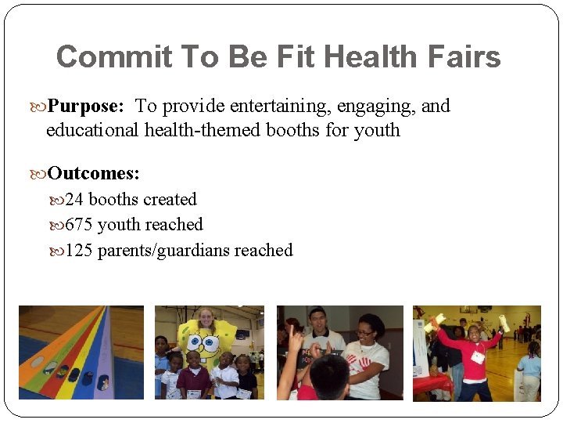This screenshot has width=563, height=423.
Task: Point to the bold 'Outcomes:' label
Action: [94, 173]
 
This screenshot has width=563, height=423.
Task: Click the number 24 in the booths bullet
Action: [75, 200]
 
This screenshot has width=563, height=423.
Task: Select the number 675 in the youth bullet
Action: [79, 225]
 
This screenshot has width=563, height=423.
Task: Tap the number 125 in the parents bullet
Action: [79, 251]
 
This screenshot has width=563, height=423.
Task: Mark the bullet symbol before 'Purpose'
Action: [41, 107]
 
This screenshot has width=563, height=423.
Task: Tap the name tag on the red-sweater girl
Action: [477, 356]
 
